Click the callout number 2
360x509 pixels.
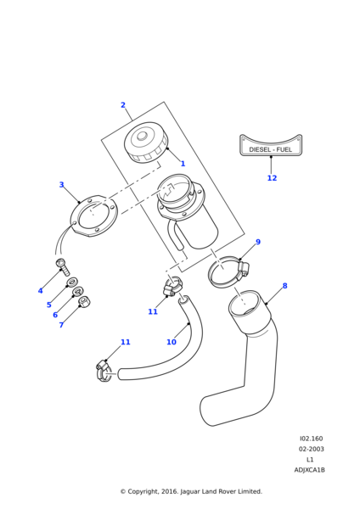click(123, 105)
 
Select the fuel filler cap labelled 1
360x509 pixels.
click(146, 143)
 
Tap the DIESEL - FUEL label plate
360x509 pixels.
click(271, 145)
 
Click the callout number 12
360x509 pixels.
click(272, 178)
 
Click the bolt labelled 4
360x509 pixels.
click(64, 267)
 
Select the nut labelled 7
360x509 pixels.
click(84, 302)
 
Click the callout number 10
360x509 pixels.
click(172, 342)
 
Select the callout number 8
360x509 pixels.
click(285, 286)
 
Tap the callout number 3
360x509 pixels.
click(61, 184)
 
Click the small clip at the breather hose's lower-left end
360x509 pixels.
click(104, 371)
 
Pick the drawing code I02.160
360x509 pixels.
click(312, 439)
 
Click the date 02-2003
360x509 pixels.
click(312, 449)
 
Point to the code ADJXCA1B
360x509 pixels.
click(310, 470)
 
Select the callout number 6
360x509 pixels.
click(55, 315)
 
